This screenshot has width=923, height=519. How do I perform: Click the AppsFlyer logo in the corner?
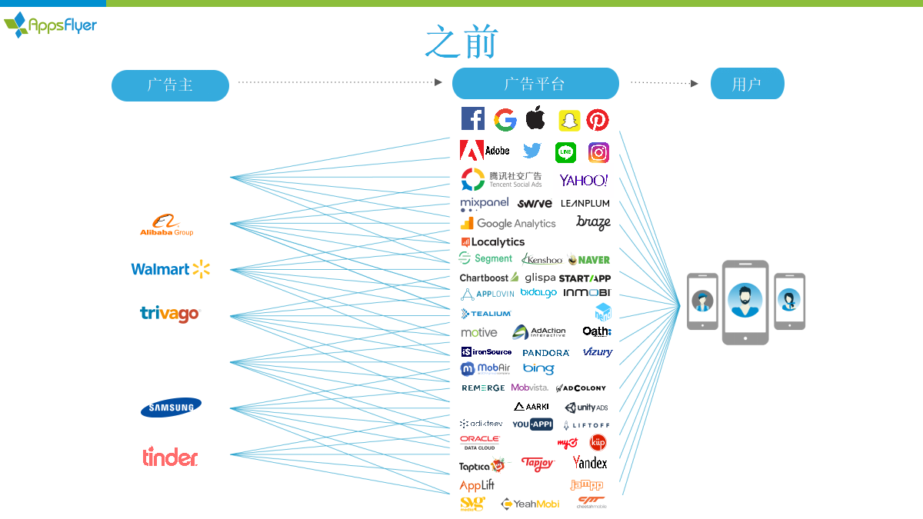pyautogui.click(x=51, y=25)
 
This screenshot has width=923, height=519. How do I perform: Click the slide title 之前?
pyautogui.click(x=461, y=42)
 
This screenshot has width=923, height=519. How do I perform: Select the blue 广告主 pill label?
pyautogui.click(x=170, y=85)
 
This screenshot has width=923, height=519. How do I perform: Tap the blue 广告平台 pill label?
pyautogui.click(x=535, y=84)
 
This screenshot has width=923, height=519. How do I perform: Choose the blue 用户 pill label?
pyautogui.click(x=747, y=84)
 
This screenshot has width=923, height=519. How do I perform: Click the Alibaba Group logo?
pyautogui.click(x=167, y=225)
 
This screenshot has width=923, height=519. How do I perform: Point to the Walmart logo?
pyautogui.click(x=170, y=269)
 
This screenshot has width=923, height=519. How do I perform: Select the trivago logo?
pyautogui.click(x=169, y=314)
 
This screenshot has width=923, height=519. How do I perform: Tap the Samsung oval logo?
pyautogui.click(x=171, y=408)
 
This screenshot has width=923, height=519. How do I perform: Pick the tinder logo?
pyautogui.click(x=170, y=457)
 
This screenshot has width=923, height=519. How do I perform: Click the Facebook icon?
pyautogui.click(x=472, y=119)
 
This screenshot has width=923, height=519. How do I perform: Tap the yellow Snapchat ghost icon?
pyautogui.click(x=568, y=121)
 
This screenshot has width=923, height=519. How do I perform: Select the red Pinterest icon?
pyautogui.click(x=598, y=120)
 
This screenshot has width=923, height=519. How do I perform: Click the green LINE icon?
pyautogui.click(x=565, y=153)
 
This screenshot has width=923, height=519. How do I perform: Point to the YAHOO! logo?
pyautogui.click(x=584, y=181)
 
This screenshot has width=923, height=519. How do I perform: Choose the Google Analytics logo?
pyautogui.click(x=508, y=224)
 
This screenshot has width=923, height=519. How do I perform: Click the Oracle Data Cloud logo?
pyautogui.click(x=480, y=443)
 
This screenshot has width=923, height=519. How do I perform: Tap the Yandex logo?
pyautogui.click(x=590, y=463)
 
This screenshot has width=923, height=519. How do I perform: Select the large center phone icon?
pyautogui.click(x=745, y=302)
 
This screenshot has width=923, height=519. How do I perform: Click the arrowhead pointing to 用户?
pyautogui.click(x=695, y=83)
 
